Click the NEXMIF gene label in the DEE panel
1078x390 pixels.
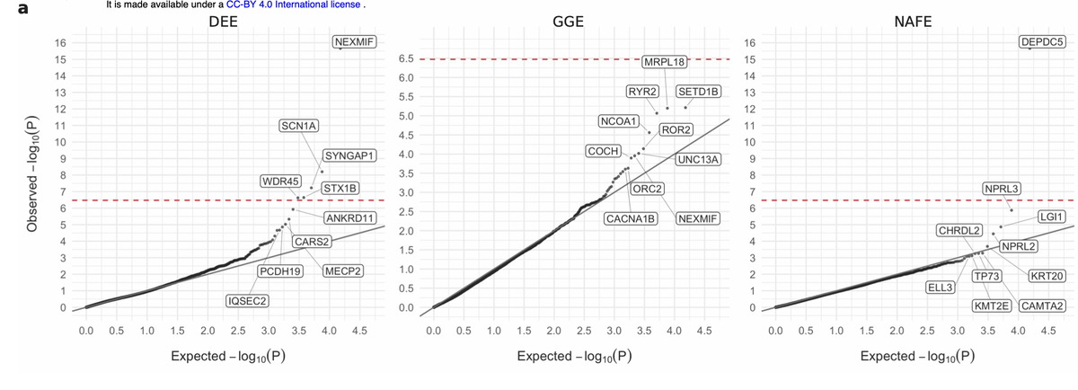click(x=354, y=41)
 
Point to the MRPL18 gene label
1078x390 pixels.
click(x=665, y=62)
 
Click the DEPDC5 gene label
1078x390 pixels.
click(x=1043, y=41)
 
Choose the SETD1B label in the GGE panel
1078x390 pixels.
click(x=698, y=92)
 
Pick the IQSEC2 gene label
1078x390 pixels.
click(x=248, y=299)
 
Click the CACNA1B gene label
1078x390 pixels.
click(x=632, y=218)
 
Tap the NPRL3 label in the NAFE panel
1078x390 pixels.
click(x=1002, y=189)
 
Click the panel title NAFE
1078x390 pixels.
click(x=913, y=22)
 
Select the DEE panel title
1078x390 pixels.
click(x=223, y=22)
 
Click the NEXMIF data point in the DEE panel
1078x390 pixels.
click(x=341, y=50)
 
